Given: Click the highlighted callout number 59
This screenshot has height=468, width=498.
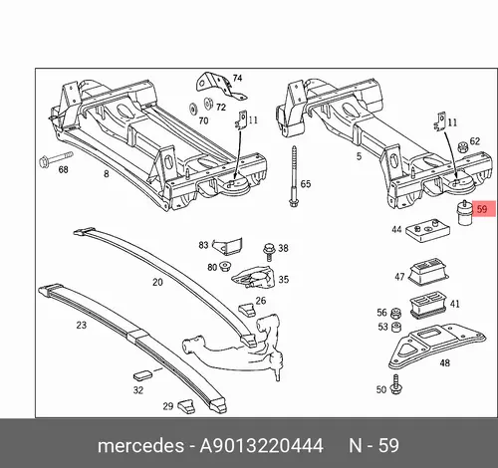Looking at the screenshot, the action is coord(482,209).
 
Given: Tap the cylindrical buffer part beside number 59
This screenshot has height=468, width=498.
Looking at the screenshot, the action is coord(464,212).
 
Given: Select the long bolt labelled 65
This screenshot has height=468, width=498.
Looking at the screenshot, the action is coord(294,176).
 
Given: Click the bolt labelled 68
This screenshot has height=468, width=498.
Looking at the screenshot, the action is coord(56,159).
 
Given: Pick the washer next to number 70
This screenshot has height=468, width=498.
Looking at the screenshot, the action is coord(193,109).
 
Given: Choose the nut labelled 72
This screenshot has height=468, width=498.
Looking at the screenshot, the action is coord(208,103).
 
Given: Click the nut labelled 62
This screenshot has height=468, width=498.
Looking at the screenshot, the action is coord(462,146).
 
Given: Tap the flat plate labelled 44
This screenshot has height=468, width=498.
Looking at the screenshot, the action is coord(427,230).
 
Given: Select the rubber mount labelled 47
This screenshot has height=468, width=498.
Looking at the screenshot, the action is coord(428,271).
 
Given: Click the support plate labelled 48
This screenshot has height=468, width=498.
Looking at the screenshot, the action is coord(437,347).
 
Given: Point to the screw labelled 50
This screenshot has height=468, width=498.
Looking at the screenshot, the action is coord(395,384).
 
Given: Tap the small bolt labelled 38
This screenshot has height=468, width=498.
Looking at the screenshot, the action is coord(269,252).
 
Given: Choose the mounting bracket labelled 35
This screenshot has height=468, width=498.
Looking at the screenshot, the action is coord(254,276).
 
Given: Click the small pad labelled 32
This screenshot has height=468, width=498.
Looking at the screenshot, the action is coord(142,374).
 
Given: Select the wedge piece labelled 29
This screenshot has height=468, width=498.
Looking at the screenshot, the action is coord(186,406).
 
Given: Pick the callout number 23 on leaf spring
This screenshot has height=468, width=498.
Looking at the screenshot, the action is coord(82,325).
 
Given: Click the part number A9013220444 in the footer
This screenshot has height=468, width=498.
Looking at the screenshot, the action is coord(261,445).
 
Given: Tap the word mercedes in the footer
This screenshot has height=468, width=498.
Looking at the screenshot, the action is coord(140,445).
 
